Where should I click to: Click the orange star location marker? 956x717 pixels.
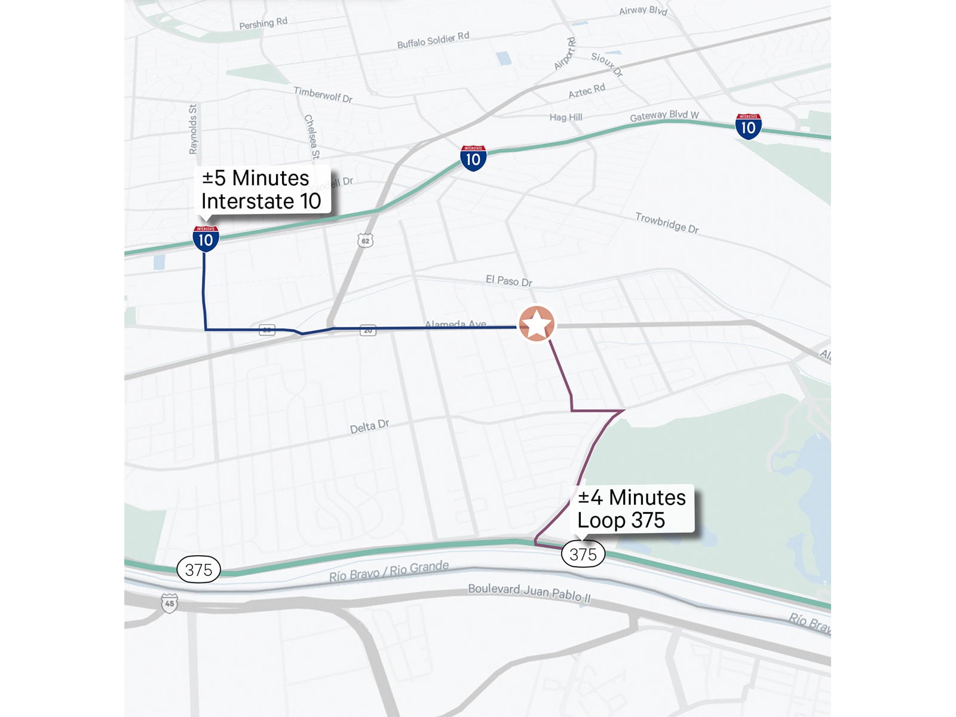[x=537, y=324]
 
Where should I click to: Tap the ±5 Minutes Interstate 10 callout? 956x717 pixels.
[x=261, y=189]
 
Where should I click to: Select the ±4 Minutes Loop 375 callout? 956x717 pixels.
[x=632, y=508]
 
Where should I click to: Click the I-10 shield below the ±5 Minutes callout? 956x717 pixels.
[x=206, y=239]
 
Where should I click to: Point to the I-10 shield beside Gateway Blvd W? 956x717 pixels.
[x=748, y=127]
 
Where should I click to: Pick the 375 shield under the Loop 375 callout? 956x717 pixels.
[x=583, y=554]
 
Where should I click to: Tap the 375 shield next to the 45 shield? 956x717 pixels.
[x=198, y=569]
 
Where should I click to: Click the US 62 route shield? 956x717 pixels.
[x=365, y=241]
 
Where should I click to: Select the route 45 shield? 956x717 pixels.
[x=170, y=603]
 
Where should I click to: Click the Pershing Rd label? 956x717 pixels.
[x=263, y=23]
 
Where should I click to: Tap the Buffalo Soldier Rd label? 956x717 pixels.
[x=433, y=40]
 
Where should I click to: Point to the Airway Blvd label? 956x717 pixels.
[x=643, y=10]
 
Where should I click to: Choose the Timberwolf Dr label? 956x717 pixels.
[x=323, y=94]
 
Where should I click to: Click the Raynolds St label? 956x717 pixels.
[x=193, y=129]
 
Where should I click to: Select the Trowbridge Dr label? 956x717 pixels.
[x=667, y=223]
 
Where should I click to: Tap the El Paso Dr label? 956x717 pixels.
[x=508, y=281]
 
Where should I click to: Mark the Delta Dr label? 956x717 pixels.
[x=369, y=427]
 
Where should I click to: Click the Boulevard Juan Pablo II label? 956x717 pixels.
[x=529, y=592]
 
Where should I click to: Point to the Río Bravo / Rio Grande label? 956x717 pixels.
[x=389, y=571]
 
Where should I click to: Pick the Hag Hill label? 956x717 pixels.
[x=566, y=117]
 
